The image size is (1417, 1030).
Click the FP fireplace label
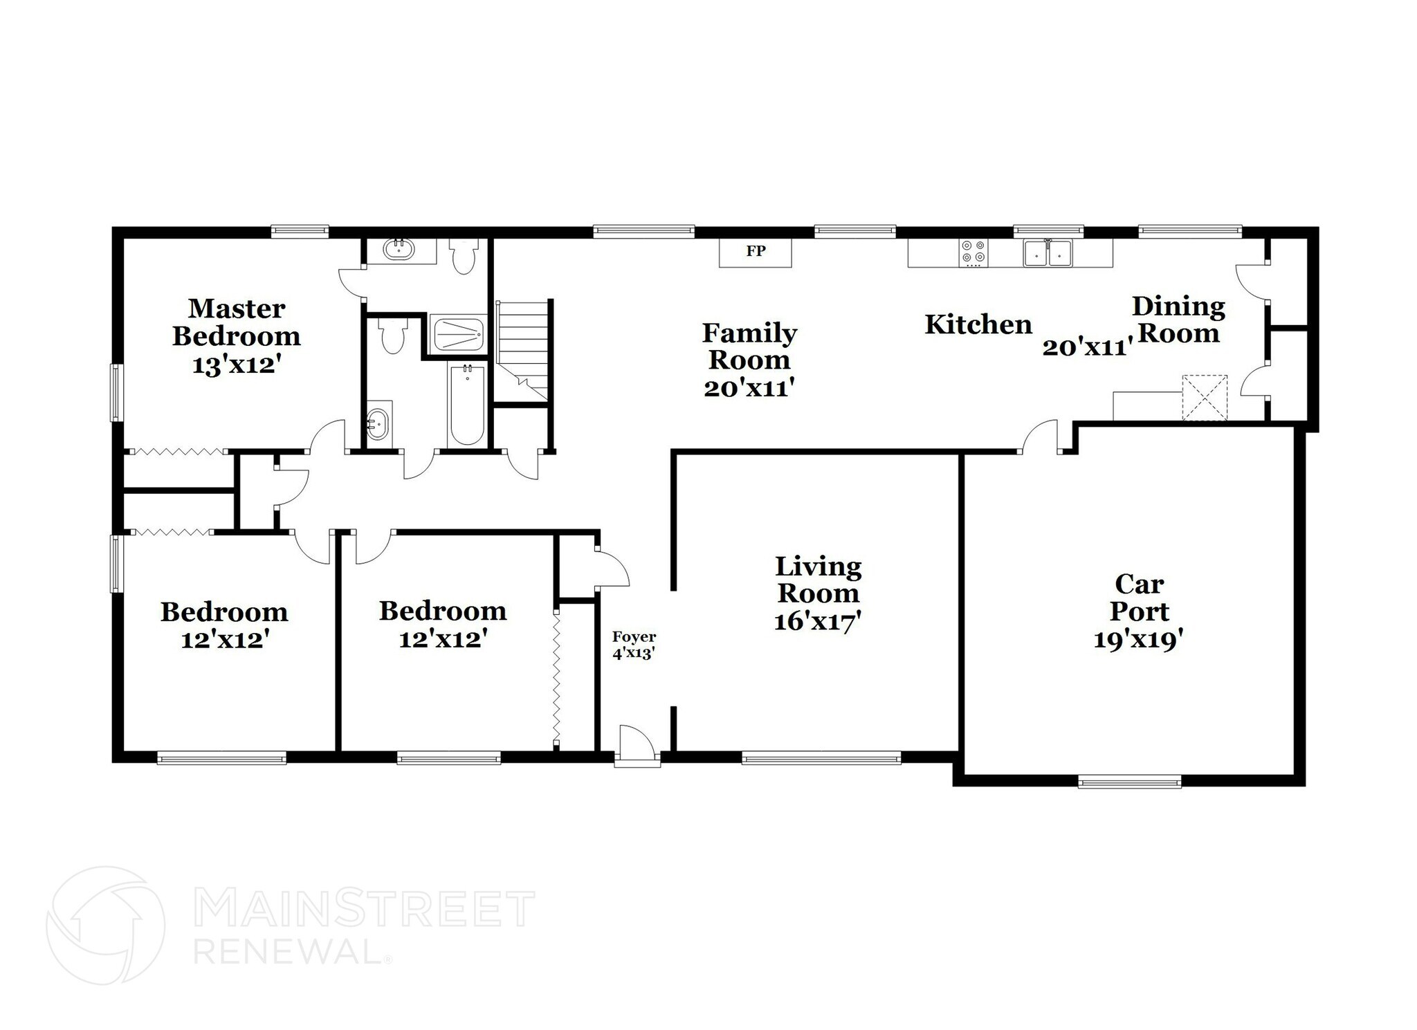click(x=756, y=251)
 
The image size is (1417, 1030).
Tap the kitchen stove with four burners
click(x=973, y=253)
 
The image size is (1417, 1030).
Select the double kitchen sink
click(x=1048, y=253)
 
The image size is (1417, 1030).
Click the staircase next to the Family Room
click(x=524, y=349)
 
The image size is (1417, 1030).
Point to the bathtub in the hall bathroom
click(x=467, y=405)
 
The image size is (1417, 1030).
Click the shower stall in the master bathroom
click(x=457, y=333)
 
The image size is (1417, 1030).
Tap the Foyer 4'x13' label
click(x=634, y=645)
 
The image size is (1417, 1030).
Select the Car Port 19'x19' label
click(x=1139, y=612)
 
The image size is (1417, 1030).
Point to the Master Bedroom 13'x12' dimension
click(x=235, y=365)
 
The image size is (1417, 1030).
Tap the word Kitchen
click(x=978, y=324)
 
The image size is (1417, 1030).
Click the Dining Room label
click(x=1178, y=320)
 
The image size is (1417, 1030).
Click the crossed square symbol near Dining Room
click(x=1204, y=398)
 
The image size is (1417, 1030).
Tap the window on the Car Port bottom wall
click(x=1129, y=783)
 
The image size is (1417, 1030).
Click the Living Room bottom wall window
click(x=821, y=759)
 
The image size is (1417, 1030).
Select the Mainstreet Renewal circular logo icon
click(x=105, y=925)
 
